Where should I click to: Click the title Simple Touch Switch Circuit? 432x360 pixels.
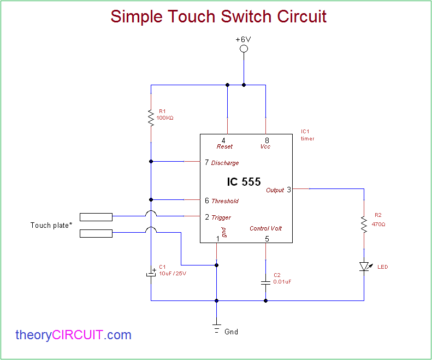(x=218, y=16)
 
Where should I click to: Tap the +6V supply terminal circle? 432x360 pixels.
(x=244, y=49)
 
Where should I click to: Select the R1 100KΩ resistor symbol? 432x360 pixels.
(x=151, y=117)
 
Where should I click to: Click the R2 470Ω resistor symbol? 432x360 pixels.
(x=364, y=224)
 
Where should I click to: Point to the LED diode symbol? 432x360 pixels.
(x=364, y=267)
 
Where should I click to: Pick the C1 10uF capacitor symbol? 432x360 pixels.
(x=151, y=273)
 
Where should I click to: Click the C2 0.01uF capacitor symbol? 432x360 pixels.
(x=265, y=282)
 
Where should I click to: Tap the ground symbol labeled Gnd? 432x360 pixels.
(x=217, y=329)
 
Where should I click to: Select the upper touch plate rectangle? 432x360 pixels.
(x=96, y=217)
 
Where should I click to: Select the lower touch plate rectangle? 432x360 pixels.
(x=96, y=234)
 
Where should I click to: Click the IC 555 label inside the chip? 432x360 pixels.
(x=244, y=182)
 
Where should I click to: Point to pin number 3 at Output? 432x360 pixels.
(x=289, y=190)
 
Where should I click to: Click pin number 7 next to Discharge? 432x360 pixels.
(x=206, y=162)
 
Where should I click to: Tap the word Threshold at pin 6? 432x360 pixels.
(x=225, y=201)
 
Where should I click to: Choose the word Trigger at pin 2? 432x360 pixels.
(x=221, y=217)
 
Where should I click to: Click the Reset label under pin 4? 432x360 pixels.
(x=224, y=147)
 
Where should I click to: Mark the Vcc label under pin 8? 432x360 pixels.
(x=265, y=147)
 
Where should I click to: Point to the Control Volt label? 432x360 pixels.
(x=266, y=228)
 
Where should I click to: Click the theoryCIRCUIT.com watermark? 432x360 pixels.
(x=73, y=335)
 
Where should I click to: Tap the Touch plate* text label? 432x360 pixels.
(x=51, y=225)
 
